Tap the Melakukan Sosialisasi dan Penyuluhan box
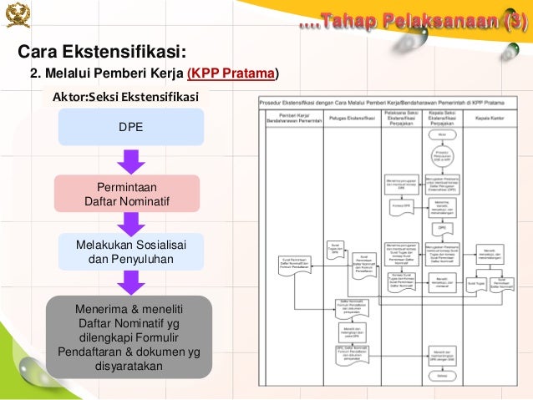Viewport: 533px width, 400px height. tap(130, 251)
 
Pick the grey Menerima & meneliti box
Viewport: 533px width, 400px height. tap(129, 335)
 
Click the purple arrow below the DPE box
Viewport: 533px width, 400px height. tap(130, 160)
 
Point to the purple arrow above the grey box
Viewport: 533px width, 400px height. tap(130, 281)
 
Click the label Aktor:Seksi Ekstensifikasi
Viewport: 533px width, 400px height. tap(126, 96)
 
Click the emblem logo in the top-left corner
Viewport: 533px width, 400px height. tap(18, 14)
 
